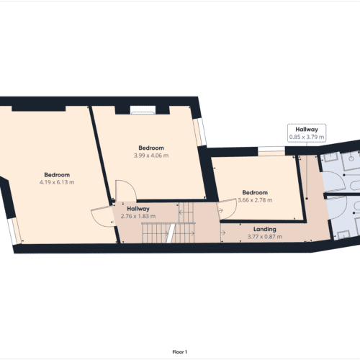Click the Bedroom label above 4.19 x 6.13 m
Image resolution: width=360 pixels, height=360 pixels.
coord(57,175)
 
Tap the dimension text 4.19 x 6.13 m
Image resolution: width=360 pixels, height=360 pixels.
coord(57,182)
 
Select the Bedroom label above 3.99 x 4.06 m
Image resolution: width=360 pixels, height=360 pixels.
coord(151,148)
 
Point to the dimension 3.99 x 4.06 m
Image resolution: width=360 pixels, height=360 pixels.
coord(151,156)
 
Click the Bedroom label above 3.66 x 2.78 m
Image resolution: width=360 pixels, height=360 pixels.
coord(255,193)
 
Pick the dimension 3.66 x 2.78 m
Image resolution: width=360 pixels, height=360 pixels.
coord(255,201)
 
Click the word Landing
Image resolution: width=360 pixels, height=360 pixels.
coord(262,230)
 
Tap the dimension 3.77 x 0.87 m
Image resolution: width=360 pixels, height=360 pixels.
coord(262,237)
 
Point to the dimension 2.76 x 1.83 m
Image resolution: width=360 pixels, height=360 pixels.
coord(138,217)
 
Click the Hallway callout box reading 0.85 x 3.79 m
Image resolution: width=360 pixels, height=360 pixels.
coord(306,132)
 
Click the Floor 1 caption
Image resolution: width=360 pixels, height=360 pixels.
coord(180,352)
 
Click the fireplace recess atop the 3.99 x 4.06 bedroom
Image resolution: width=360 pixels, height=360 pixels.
coord(143,110)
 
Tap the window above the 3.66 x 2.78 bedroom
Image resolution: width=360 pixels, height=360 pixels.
coord(271,150)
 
